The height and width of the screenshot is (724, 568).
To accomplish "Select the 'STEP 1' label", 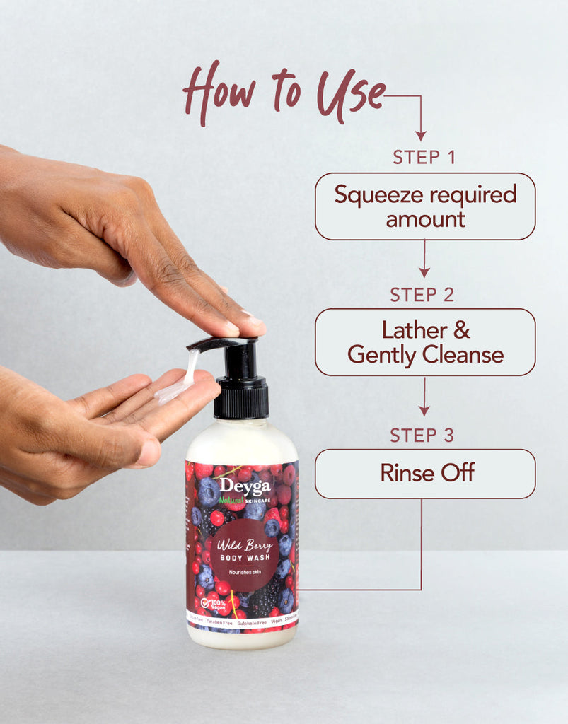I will pyautogui.click(x=424, y=157).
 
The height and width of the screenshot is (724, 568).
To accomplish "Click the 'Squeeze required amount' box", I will pyautogui.click(x=425, y=206).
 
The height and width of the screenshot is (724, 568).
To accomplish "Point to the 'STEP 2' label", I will pyautogui.click(x=422, y=295).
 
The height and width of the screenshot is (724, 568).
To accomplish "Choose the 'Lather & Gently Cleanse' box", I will pyautogui.click(x=425, y=342).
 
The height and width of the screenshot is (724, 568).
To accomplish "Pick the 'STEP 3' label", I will pyautogui.click(x=422, y=436).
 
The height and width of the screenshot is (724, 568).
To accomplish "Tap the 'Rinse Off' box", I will pyautogui.click(x=425, y=473).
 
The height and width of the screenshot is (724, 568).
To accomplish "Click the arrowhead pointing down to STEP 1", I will pyautogui.click(x=421, y=134).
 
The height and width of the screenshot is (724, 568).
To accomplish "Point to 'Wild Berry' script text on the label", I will pyautogui.click(x=243, y=545).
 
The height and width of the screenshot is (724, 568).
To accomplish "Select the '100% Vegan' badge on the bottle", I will pyautogui.click(x=214, y=605).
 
